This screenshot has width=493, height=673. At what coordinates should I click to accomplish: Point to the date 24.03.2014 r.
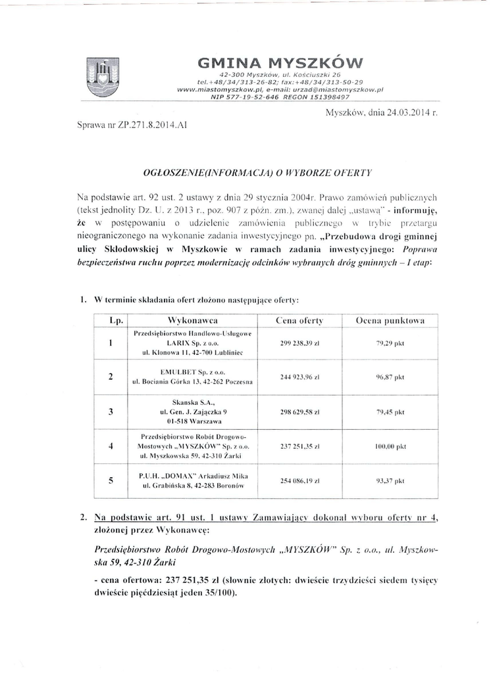click(x=382, y=113)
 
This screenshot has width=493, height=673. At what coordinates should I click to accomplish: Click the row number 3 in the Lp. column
click(x=111, y=412)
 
